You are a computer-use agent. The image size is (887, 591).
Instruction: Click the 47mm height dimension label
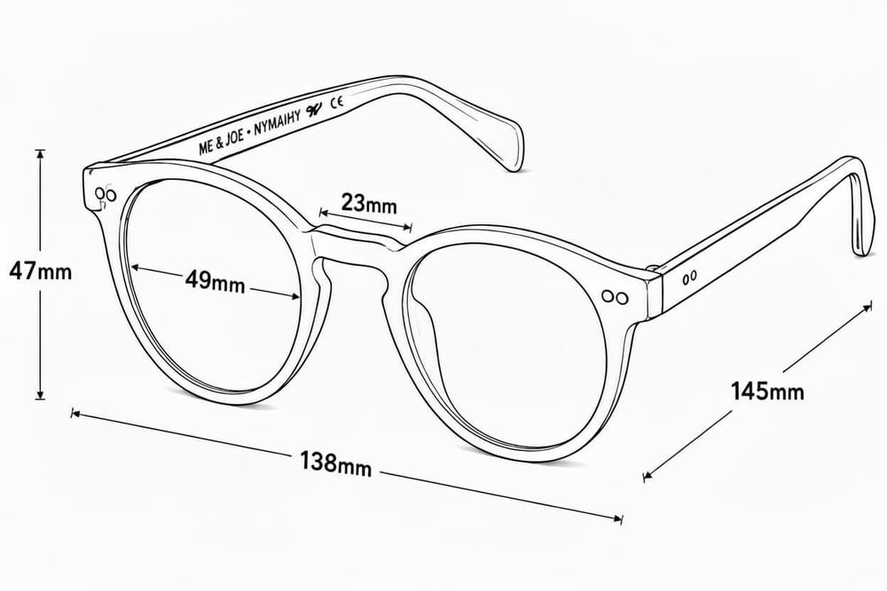click(41, 272)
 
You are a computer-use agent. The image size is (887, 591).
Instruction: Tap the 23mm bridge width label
click(369, 203)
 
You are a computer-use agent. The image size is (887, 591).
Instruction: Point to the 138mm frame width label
click(336, 463)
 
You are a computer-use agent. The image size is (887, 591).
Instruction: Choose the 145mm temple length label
click(767, 391)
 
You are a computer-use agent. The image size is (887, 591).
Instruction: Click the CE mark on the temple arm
click(337, 103)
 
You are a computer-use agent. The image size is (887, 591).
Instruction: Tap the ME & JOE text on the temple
click(221, 142)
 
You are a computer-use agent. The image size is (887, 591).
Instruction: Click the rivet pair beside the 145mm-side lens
click(615, 296)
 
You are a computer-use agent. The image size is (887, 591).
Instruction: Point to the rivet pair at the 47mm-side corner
click(106, 194)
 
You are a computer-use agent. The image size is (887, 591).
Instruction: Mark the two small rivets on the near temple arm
click(689, 277)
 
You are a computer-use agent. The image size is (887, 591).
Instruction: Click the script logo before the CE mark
click(315, 110)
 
